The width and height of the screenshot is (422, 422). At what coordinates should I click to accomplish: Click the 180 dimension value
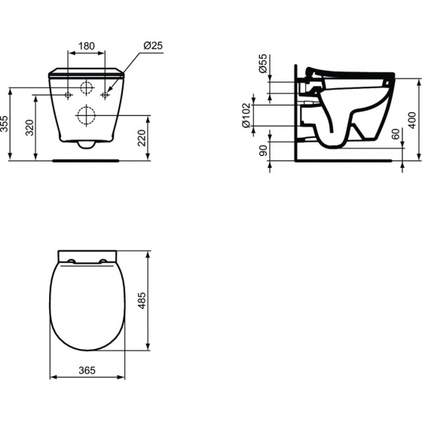(87, 46)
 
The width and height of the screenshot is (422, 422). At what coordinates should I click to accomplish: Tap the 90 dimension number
(262, 150)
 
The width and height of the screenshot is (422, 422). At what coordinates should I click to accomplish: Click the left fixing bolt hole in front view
(69, 96)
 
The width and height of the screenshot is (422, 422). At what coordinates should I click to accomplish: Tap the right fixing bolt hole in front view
(106, 96)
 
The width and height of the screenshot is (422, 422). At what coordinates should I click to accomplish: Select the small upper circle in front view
(87, 85)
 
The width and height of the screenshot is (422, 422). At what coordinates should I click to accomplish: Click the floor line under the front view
(87, 160)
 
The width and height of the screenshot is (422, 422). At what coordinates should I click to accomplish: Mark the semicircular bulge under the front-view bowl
(87, 145)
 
